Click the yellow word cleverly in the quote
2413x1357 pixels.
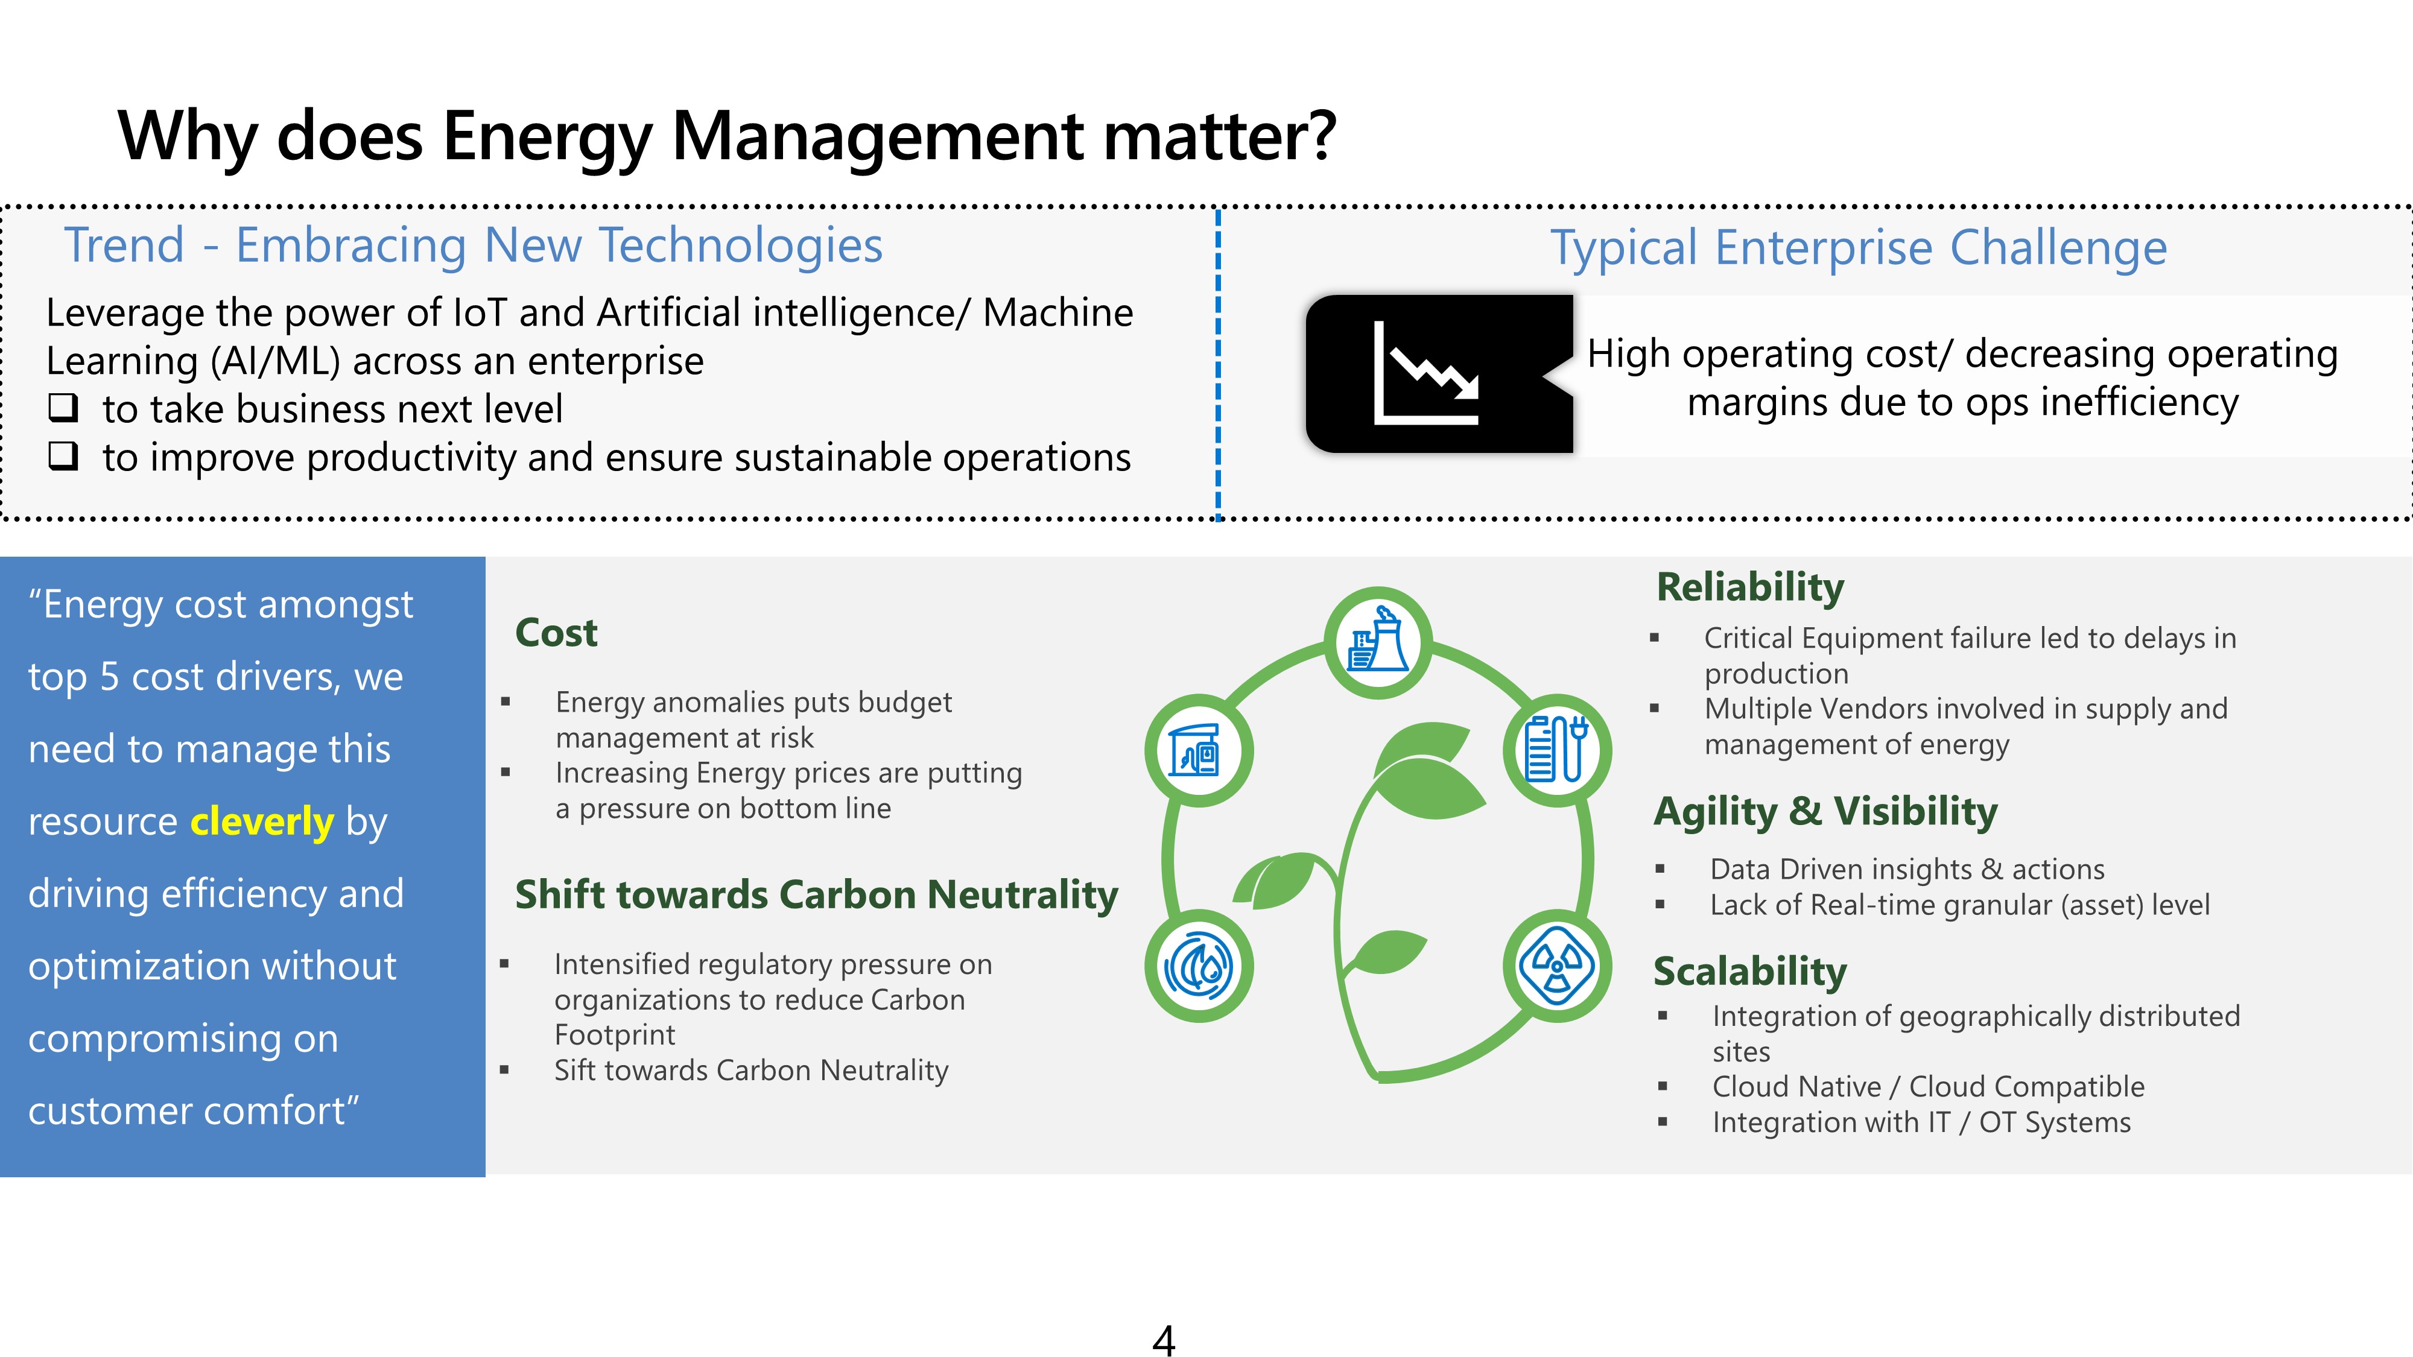262,821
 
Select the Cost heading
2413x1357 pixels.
556,633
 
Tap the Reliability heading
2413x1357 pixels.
1750,588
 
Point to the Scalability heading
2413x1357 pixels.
1750,971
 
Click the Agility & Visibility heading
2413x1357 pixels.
1825,811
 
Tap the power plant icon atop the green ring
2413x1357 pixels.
1378,642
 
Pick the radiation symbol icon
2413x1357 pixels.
1557,966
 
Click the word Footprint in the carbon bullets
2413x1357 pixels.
615,1035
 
